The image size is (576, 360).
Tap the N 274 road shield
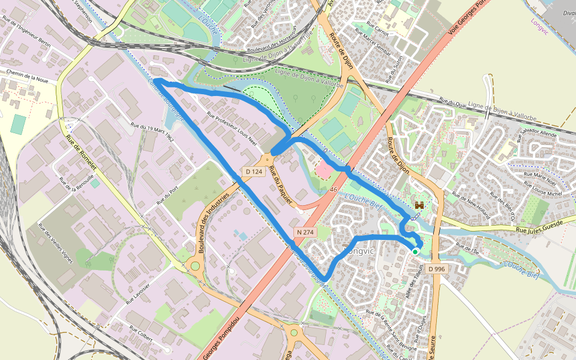pyautogui.click(x=305, y=232)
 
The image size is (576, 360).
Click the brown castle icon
pyautogui.click(x=419, y=205)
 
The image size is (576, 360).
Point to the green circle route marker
pyautogui.click(x=415, y=252)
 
